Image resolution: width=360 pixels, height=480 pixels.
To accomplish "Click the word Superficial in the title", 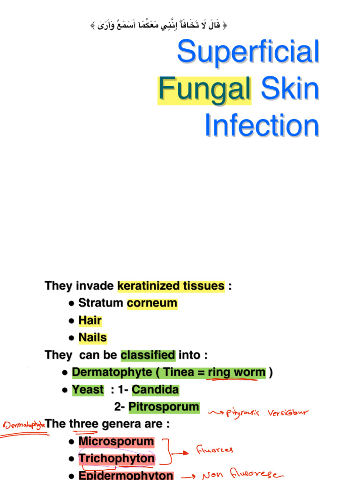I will pyautogui.click(x=248, y=52).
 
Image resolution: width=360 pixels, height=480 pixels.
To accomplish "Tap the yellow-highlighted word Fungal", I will pyautogui.click(x=204, y=89).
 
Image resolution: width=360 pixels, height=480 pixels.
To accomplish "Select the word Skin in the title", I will pyautogui.click(x=290, y=89).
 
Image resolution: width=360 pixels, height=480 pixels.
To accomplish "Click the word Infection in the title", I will pyautogui.click(x=262, y=125).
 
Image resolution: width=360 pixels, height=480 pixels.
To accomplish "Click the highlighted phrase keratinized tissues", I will pyautogui.click(x=171, y=286).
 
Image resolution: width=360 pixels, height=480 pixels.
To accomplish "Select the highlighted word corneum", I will pyautogui.click(x=152, y=303).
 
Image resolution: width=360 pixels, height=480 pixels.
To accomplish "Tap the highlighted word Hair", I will pyautogui.click(x=90, y=321).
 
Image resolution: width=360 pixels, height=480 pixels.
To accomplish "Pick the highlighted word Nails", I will pyautogui.click(x=92, y=338).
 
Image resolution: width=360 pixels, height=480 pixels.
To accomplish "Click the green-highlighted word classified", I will pyautogui.click(x=148, y=355).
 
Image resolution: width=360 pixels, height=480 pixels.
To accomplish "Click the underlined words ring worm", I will pyautogui.click(x=236, y=373).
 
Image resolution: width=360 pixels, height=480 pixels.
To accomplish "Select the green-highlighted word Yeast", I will pyautogui.click(x=88, y=390).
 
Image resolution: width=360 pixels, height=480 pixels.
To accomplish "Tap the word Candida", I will pyautogui.click(x=155, y=390).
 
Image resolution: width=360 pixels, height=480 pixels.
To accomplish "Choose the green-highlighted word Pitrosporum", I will pyautogui.click(x=164, y=407).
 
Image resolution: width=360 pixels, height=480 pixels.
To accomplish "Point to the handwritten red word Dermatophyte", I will pyautogui.click(x=25, y=425).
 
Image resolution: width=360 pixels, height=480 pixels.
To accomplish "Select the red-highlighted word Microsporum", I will pyautogui.click(x=116, y=442).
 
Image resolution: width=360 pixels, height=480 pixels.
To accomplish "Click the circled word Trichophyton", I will pyautogui.click(x=116, y=459).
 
